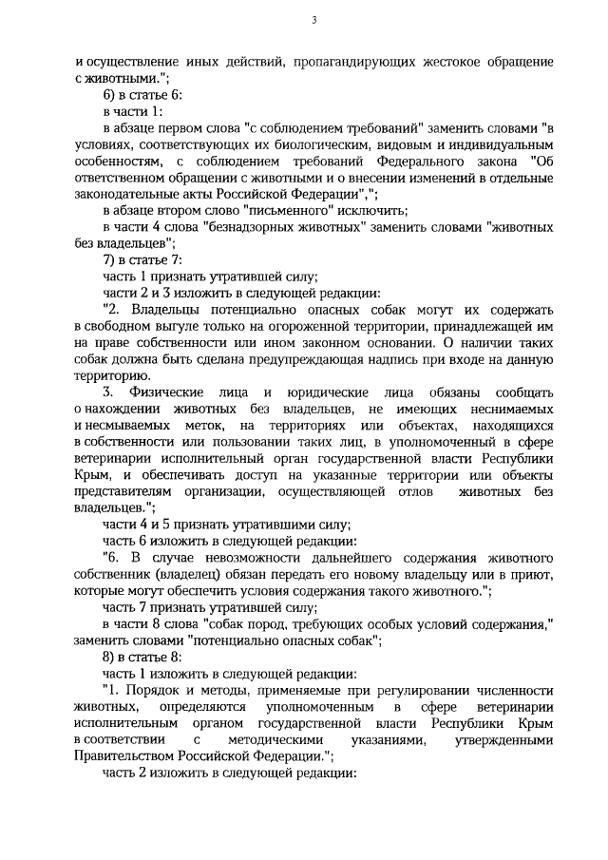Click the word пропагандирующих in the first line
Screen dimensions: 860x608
[x=348, y=62]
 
